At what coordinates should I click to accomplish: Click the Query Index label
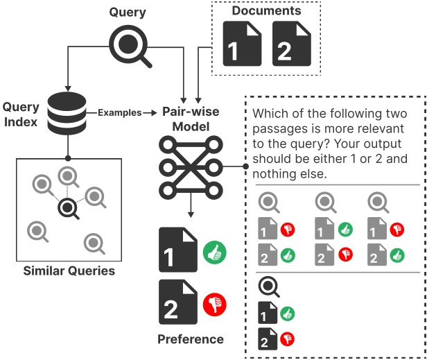pos(21,115)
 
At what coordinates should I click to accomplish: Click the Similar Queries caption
pos(69,270)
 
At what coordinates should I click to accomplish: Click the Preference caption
pos(191,339)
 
